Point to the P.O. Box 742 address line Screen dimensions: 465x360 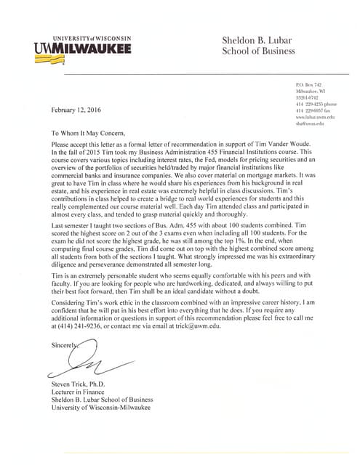308,86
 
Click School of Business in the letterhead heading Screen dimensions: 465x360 258,52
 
